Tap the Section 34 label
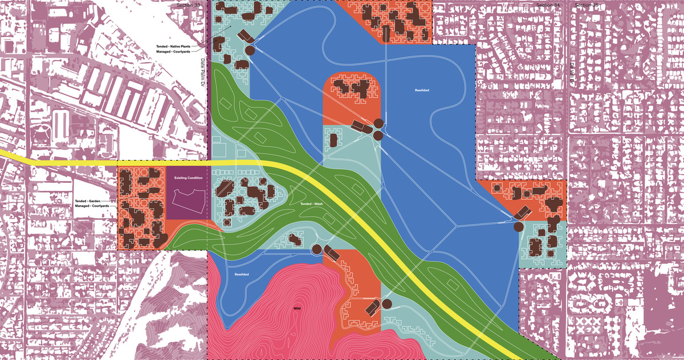pos(548,5)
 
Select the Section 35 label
pos(587,5)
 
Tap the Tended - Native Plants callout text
pos(178,45)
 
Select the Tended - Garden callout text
pos(95,202)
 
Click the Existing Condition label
pos(188,178)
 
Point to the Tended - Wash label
pos(312,203)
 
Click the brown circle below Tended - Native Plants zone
pos(250,51)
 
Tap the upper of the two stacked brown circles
pos(378,124)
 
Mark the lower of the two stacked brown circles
pos(377,135)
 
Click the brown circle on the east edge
pos(518,227)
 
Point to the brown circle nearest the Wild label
pos(316,248)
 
